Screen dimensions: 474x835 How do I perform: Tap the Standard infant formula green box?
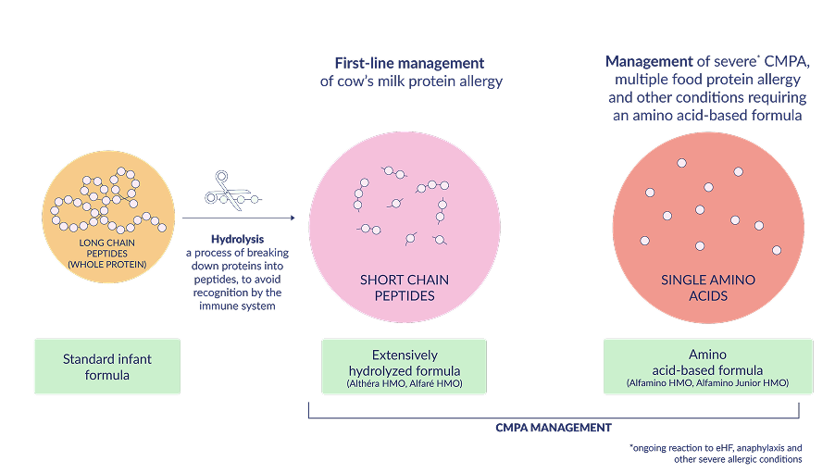click(x=106, y=367)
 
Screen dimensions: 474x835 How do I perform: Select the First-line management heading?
click(x=409, y=63)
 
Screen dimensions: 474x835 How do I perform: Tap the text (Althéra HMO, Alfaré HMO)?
click(x=404, y=382)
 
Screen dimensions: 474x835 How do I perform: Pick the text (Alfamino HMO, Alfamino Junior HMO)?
click(x=707, y=382)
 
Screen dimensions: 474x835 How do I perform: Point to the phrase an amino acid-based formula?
click(x=707, y=116)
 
